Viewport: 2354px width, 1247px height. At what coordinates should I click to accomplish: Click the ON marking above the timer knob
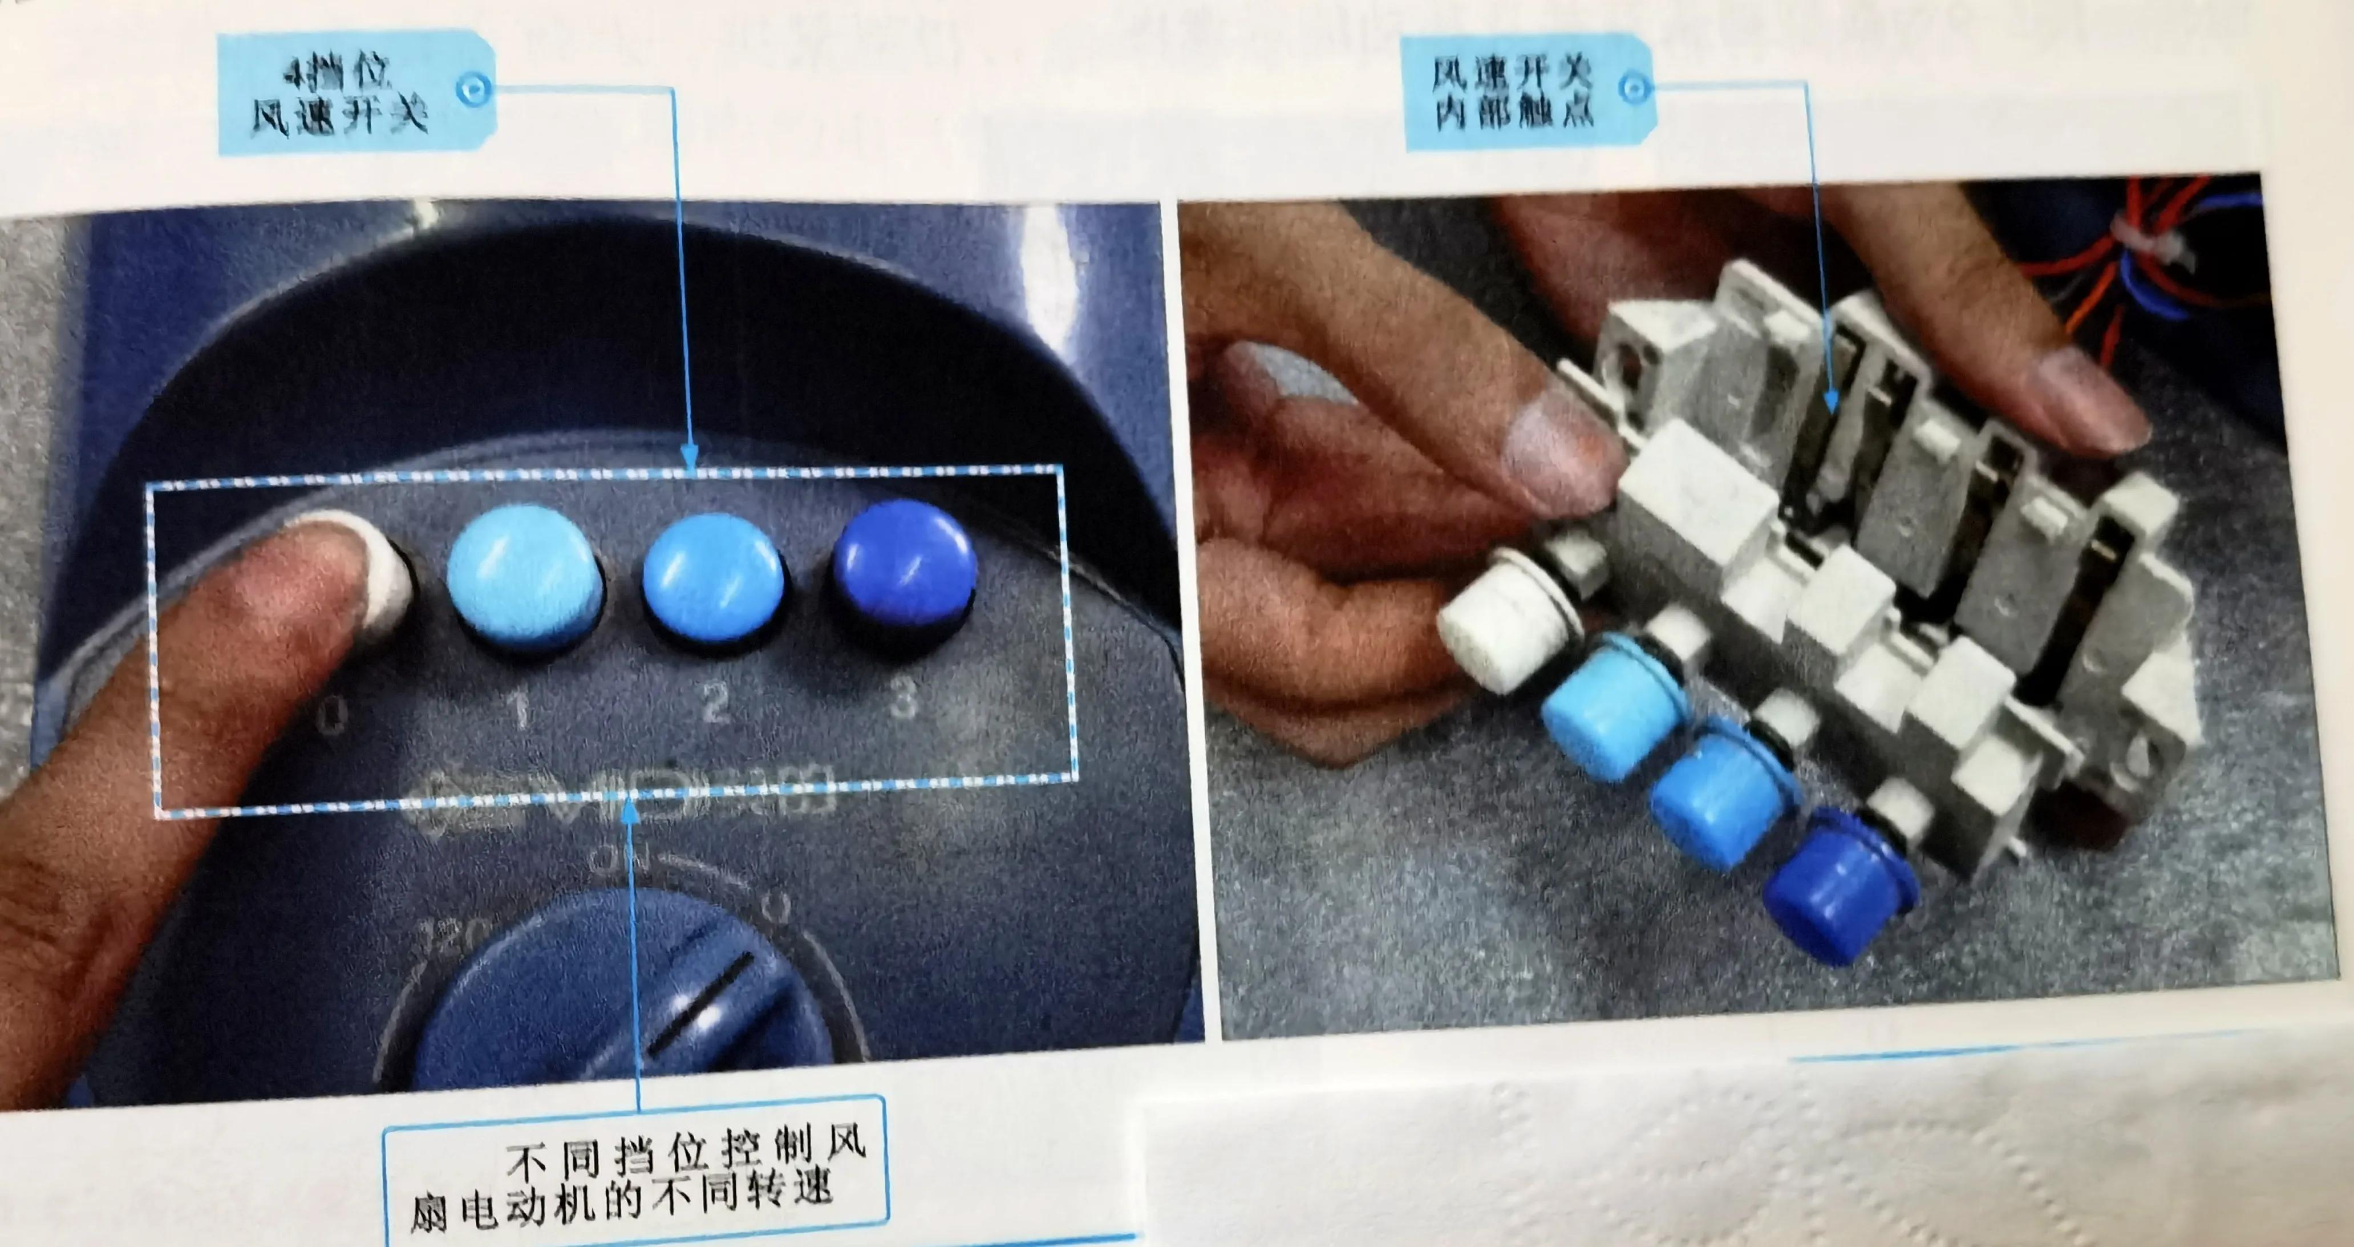[x=621, y=857]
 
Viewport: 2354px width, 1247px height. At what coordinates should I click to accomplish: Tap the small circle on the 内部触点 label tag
[x=1634, y=88]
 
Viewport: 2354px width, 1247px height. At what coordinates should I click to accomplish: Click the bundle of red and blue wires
[x=2148, y=256]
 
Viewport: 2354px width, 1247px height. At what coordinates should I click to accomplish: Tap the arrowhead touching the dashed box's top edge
[x=690, y=455]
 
